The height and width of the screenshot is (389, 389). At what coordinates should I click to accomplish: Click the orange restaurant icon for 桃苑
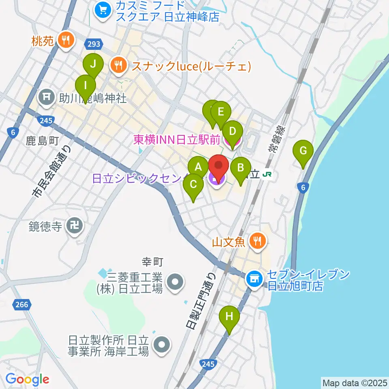click(66, 40)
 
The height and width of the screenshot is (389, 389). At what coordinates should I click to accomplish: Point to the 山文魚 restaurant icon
click(256, 242)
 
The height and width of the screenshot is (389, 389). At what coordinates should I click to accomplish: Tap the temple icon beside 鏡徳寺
click(75, 227)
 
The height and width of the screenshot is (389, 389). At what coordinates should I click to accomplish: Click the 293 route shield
click(92, 43)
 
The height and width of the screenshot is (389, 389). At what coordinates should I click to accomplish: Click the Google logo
click(28, 379)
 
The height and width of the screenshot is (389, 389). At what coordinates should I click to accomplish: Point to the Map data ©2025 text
click(355, 383)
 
